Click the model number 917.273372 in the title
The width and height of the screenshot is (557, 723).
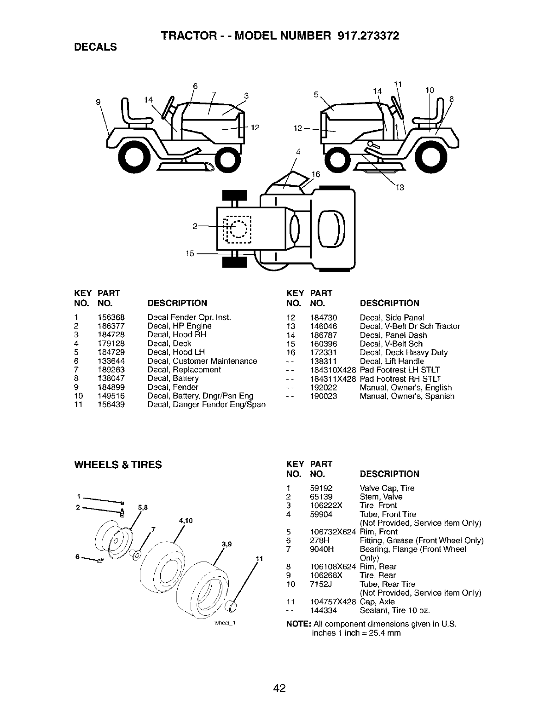[x=364, y=35]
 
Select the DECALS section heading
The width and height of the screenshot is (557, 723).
[x=95, y=47]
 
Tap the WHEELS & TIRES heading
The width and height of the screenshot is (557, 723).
[x=118, y=465]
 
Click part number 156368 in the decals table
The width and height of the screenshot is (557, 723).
[x=111, y=317]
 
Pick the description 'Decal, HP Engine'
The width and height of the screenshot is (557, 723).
[x=180, y=326]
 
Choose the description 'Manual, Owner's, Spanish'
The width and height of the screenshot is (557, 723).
[x=407, y=396]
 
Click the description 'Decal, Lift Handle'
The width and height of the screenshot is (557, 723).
[x=392, y=361]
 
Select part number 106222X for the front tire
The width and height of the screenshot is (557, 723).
[x=326, y=505]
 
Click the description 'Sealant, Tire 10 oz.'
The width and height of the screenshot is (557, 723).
[x=395, y=610]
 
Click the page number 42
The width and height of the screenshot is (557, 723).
[x=279, y=689]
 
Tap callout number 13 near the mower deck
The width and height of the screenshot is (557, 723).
[x=400, y=187]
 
